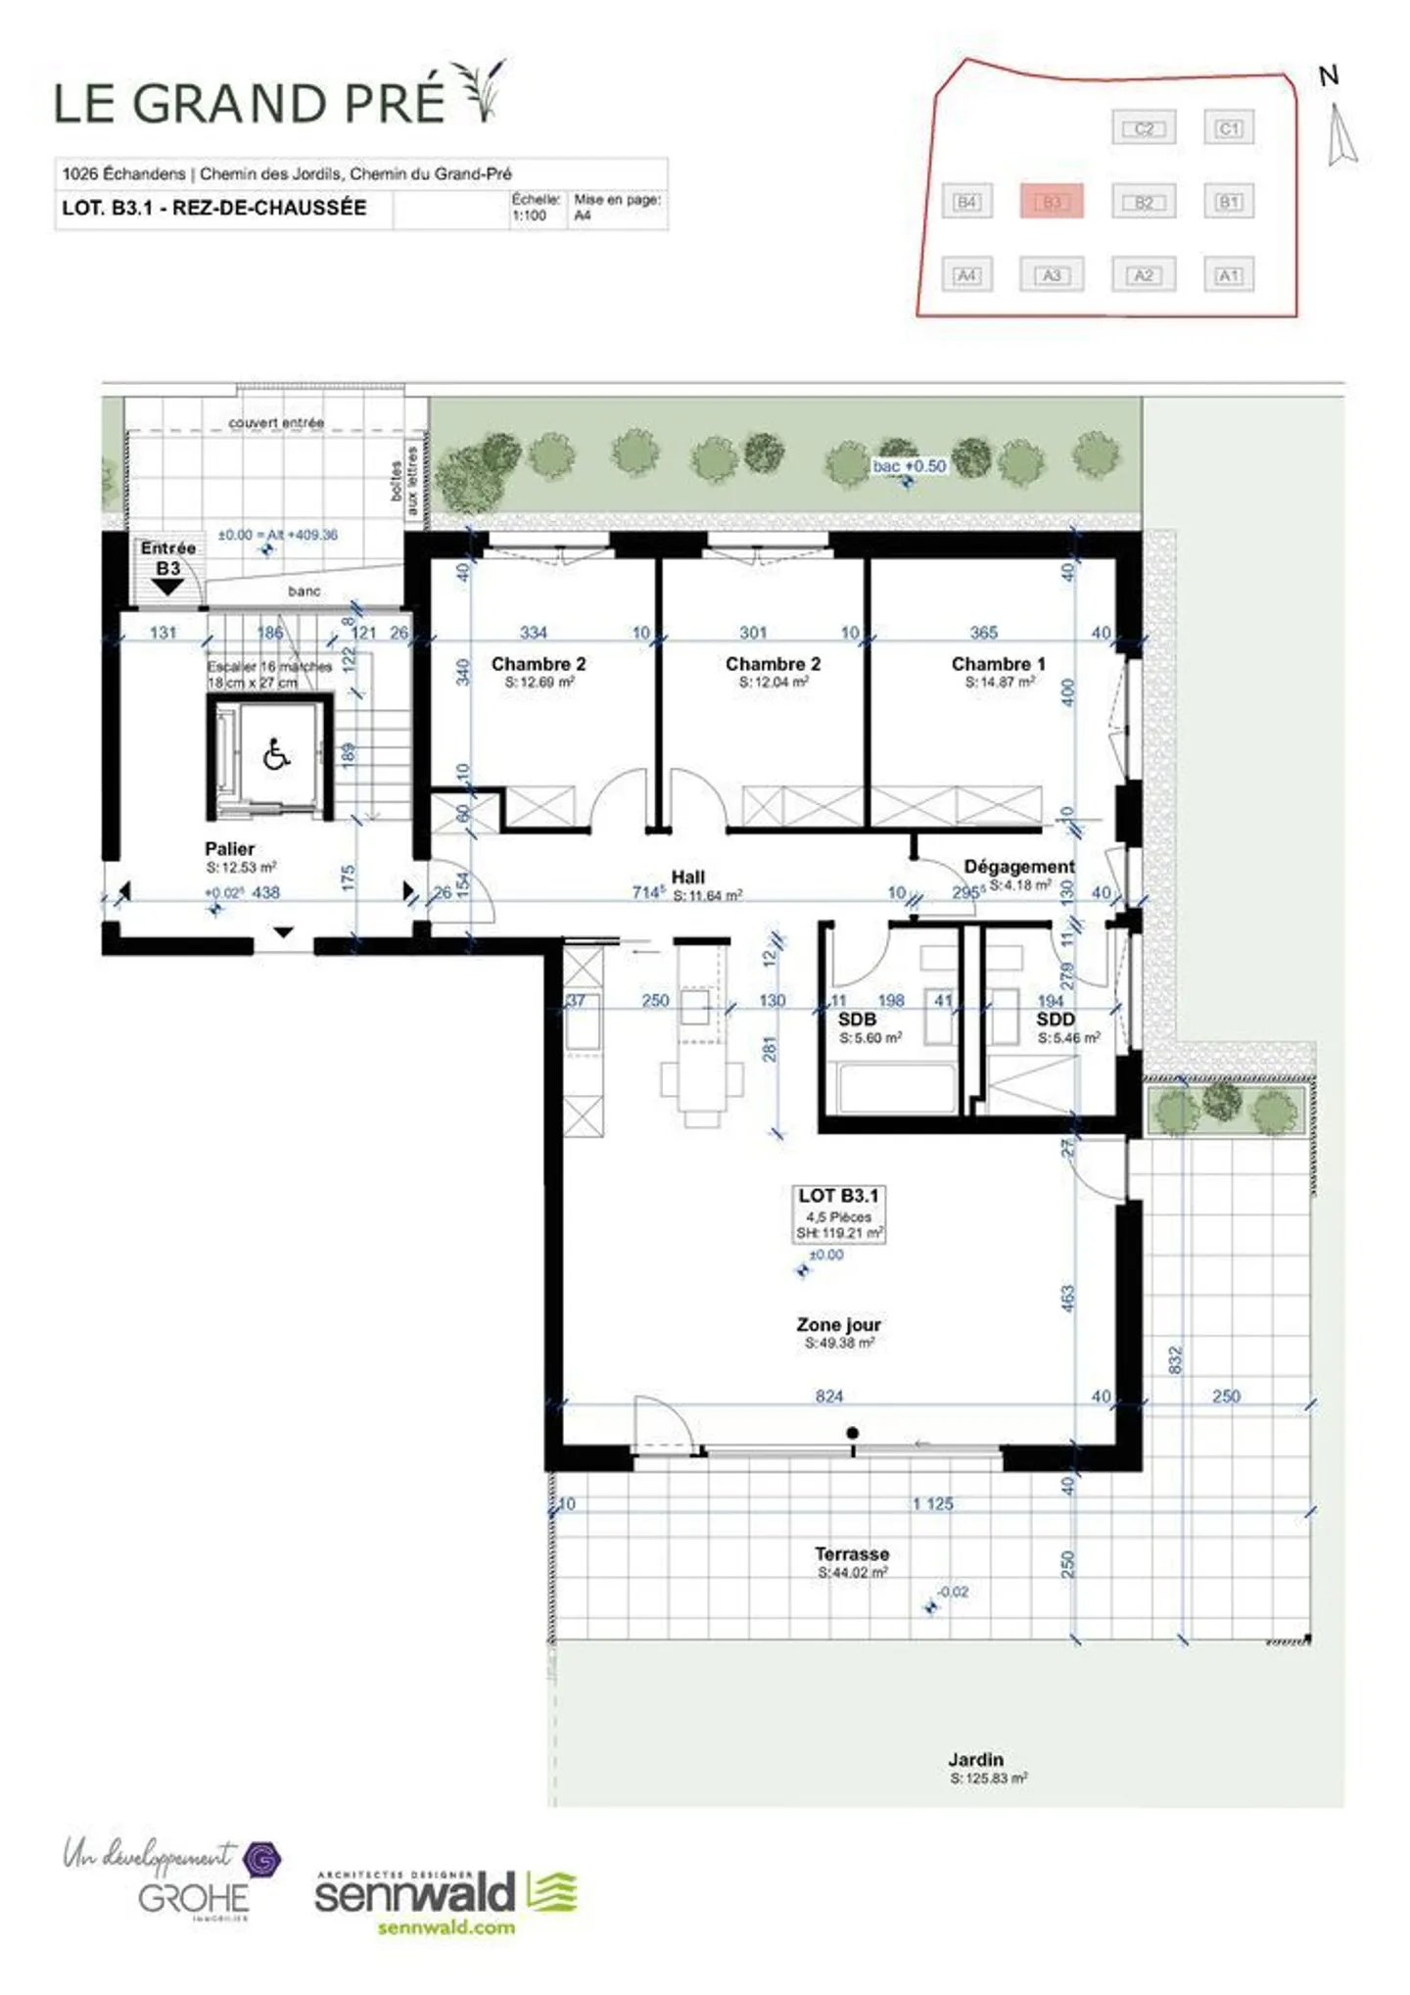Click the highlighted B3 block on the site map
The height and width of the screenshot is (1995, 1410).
coord(1051,202)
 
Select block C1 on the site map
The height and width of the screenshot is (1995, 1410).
coord(1228,128)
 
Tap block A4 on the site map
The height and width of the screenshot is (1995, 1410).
coord(965,275)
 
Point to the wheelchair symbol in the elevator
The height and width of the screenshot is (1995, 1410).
coord(276,755)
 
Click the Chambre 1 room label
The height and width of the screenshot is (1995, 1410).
coord(998,664)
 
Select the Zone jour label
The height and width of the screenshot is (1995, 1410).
coord(838,1324)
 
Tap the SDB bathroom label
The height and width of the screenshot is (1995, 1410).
coord(857,1020)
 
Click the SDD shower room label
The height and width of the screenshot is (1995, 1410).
coord(1056,1020)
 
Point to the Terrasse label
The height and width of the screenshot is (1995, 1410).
coord(852,1553)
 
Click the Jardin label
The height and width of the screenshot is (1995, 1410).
coord(975,1759)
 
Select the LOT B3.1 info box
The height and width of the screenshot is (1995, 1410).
coord(839,1213)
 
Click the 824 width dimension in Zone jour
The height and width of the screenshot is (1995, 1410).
coord(828,1396)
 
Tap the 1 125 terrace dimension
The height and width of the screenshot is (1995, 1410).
coord(932,1503)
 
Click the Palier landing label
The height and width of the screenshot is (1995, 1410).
coord(229,849)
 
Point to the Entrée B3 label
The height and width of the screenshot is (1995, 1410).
coord(167,558)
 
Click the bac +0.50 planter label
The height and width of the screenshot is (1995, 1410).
coord(910,466)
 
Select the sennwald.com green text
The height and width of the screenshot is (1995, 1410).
coord(446,1926)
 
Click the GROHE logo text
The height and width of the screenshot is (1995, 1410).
coord(193,1899)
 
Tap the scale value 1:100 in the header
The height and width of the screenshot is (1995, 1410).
coord(529,215)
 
